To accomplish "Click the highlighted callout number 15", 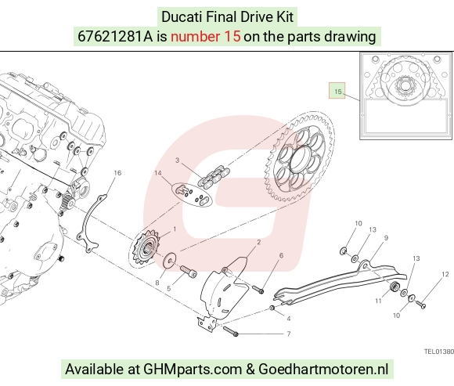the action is point(337,92).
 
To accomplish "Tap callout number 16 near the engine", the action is point(117,173).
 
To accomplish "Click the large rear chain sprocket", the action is point(299,158).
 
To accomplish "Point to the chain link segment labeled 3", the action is point(214,176).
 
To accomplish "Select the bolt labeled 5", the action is point(189,272).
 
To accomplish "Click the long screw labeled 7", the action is point(230,331).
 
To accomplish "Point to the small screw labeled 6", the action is point(258,289).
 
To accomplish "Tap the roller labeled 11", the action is point(394,287).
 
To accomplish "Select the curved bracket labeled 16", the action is point(92,223).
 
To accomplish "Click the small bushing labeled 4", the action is point(272,308).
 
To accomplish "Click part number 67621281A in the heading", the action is point(115,37).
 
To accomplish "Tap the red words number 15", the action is point(206,37).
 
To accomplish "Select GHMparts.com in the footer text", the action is point(193,370).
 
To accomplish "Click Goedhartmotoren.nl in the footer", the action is point(323,370).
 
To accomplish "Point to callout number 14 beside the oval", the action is point(158,173).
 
